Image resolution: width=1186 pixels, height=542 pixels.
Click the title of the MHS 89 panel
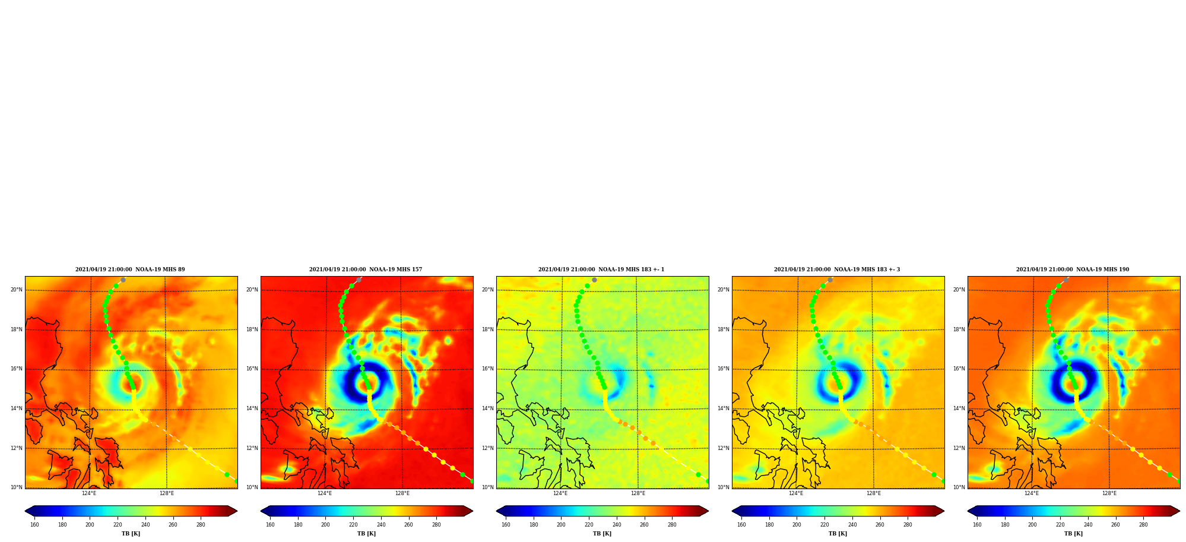pos(130,270)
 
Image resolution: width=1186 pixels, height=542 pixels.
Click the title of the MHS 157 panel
pos(366,270)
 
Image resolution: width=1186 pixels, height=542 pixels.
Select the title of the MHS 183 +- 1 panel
pos(601,270)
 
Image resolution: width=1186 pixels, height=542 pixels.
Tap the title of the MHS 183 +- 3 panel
pos(837,270)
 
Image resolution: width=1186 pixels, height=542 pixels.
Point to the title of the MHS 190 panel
pos(1073,270)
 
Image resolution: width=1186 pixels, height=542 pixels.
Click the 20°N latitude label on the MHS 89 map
pos(17,290)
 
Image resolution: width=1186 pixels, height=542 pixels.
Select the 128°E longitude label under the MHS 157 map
pos(402,493)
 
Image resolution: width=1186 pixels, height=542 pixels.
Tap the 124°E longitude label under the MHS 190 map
pos(1032,493)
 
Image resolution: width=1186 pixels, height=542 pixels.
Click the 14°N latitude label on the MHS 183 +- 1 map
pos(488,408)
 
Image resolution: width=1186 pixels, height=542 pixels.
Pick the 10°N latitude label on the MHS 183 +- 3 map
pos(724,487)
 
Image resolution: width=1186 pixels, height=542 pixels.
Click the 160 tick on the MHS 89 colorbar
pos(34,525)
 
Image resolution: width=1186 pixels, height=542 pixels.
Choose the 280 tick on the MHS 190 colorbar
pos(1143,525)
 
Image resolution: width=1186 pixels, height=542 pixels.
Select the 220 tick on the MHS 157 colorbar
pos(353,525)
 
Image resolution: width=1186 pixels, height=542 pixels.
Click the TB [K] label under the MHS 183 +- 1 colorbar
pos(602,534)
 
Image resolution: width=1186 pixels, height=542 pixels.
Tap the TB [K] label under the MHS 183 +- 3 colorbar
pos(838,534)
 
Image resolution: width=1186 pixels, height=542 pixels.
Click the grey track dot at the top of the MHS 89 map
pos(123,280)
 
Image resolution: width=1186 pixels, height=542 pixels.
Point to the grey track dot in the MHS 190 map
pos(1066,280)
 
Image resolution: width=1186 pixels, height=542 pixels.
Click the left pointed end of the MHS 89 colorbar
pos(26,511)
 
